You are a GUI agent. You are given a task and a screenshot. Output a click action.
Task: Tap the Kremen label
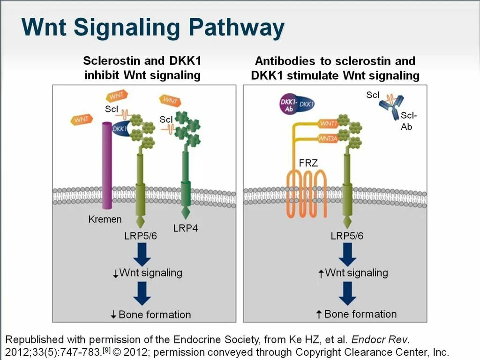pyautogui.click(x=105, y=219)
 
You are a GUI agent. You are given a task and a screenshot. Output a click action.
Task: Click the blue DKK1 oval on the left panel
pyautogui.click(x=120, y=128)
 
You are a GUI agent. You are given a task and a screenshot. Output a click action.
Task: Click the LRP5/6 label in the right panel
pyautogui.click(x=347, y=236)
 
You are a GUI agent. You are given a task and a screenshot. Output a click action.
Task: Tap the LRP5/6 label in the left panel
pyautogui.click(x=141, y=236)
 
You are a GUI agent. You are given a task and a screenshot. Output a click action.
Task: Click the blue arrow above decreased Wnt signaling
pyautogui.click(x=142, y=255)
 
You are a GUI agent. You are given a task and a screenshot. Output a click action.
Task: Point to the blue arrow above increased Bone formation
pyautogui.click(x=348, y=294)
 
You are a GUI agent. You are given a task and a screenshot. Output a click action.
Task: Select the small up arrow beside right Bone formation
pyautogui.click(x=319, y=315)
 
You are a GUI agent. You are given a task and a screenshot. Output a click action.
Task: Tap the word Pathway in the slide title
pyautogui.click(x=238, y=28)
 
